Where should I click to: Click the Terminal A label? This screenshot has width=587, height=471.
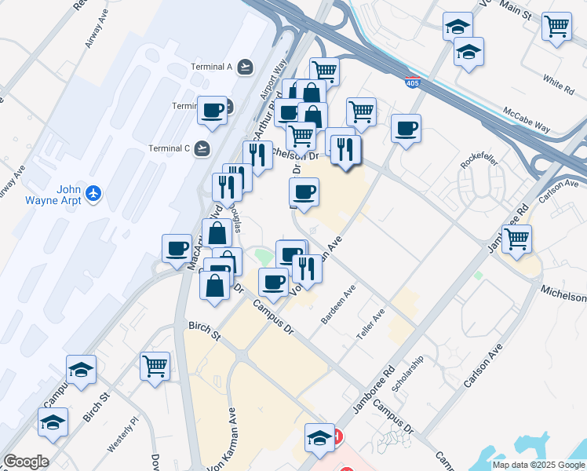coord(212,67)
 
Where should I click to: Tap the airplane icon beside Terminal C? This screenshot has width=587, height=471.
coord(203,148)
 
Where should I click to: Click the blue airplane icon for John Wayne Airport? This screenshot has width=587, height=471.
coord(94,193)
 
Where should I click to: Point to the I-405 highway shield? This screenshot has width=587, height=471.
coord(412,81)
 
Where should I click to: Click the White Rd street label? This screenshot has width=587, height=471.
coord(558,82)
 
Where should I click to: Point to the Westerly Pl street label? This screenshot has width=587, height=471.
coord(122,434)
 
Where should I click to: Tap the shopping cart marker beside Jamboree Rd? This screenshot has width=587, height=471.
coord(516,239)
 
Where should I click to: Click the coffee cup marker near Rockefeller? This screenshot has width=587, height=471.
coord(406,129)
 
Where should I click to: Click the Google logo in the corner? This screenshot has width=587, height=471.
coord(26,462)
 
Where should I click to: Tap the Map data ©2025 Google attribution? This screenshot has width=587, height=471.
coord(538,465)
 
